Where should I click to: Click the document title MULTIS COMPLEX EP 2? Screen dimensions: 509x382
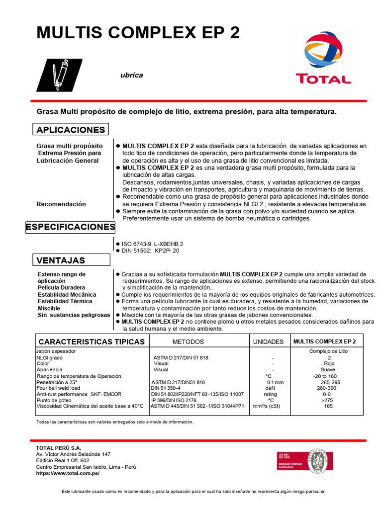pyautogui.click(x=138, y=33)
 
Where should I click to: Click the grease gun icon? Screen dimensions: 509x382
pyautogui.click(x=59, y=75)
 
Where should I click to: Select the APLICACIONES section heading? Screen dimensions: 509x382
pyautogui.click(x=71, y=130)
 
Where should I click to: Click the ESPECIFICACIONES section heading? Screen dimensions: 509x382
pyautogui.click(x=70, y=227)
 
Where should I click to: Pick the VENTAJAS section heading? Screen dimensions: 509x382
pyautogui.click(x=61, y=260)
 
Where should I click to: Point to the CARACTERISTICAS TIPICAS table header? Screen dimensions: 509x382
pyautogui.click(x=92, y=341)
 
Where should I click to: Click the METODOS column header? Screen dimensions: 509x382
pyautogui.click(x=188, y=342)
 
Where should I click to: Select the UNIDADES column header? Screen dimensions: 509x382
pyautogui.click(x=268, y=342)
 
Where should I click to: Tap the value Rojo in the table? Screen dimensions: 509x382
pyautogui.click(x=329, y=363)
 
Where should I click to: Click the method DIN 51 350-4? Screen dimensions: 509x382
pyautogui.click(x=166, y=388)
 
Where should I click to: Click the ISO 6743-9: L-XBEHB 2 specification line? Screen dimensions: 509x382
pyautogui.click(x=152, y=244)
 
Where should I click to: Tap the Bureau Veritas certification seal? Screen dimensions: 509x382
pyautogui.click(x=318, y=462)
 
